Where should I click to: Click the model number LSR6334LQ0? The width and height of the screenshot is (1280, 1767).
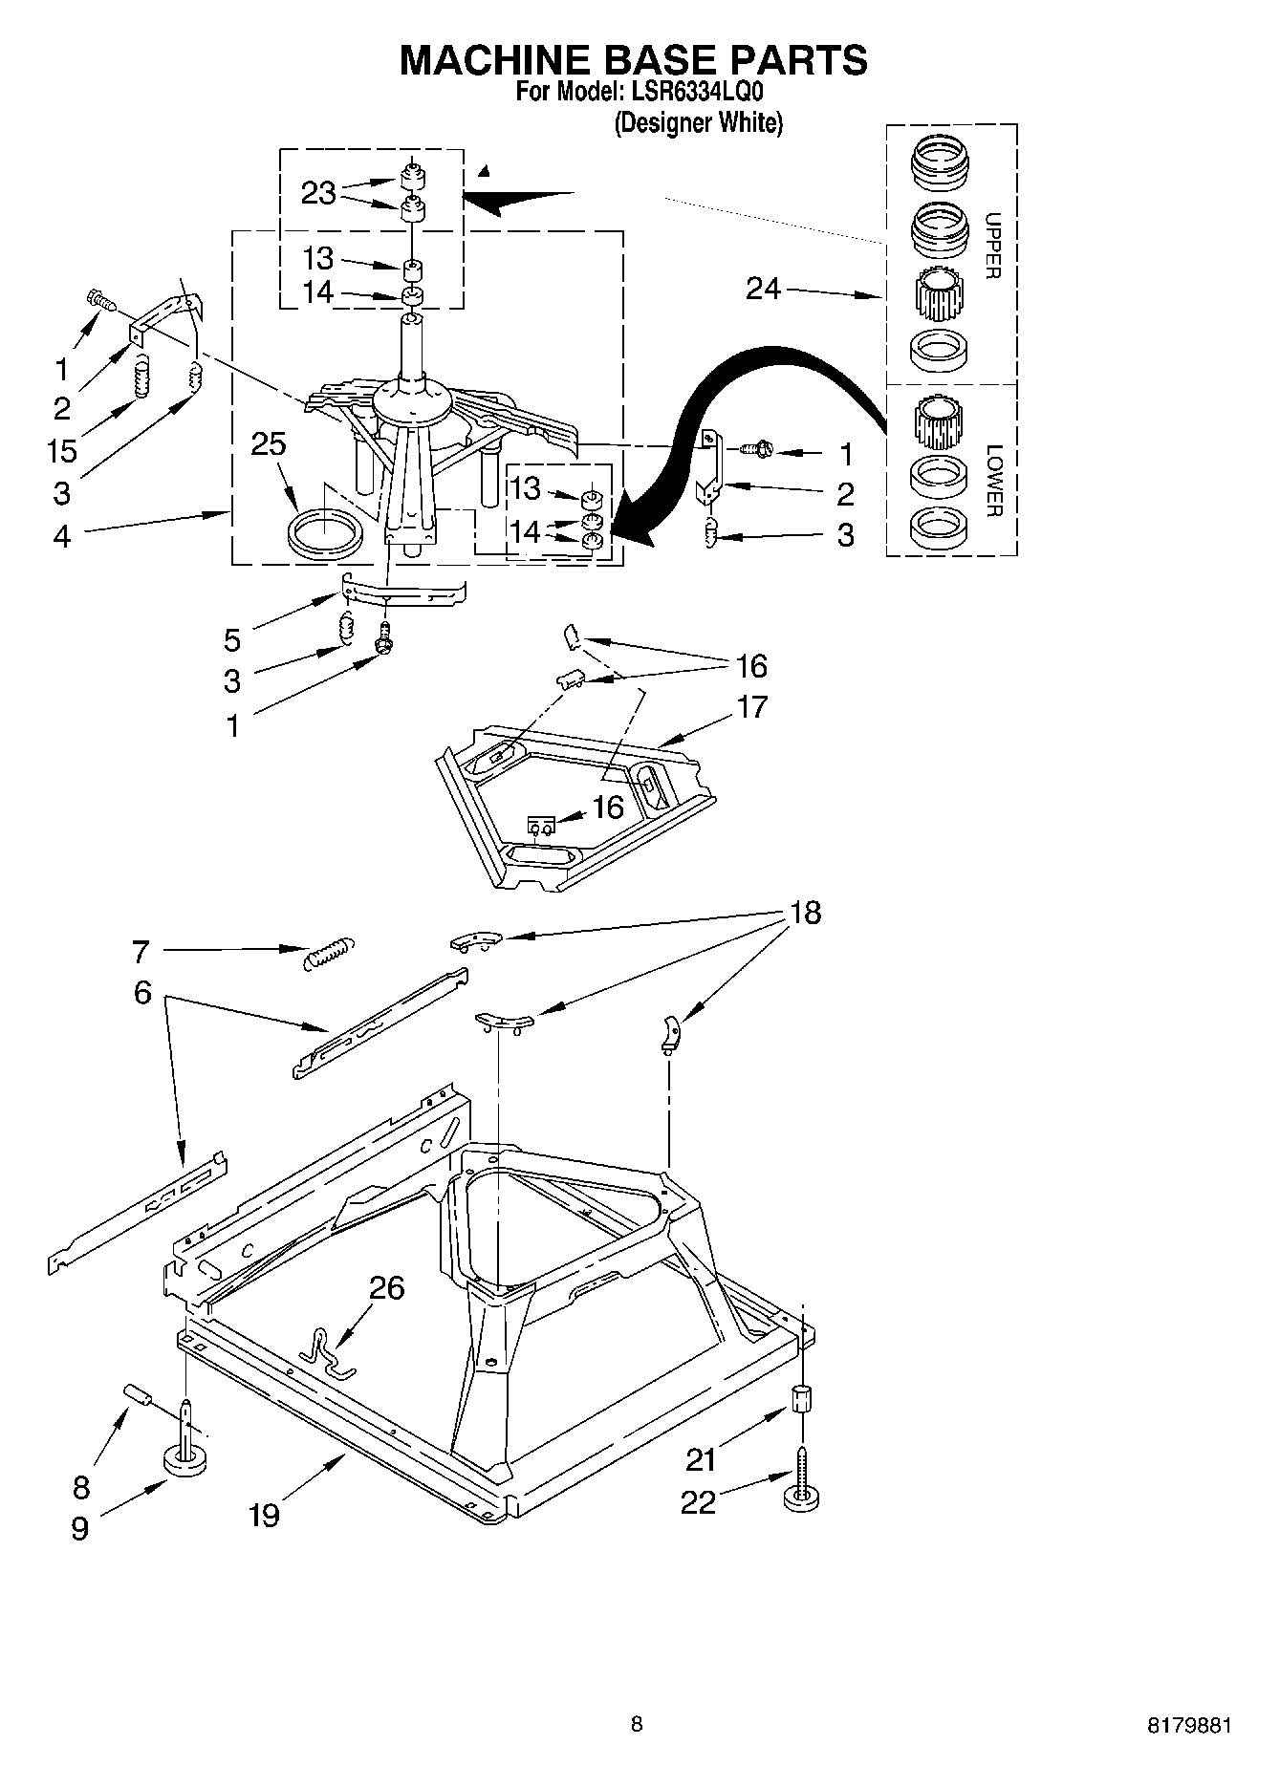click(695, 92)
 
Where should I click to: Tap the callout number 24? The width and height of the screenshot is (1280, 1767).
click(763, 288)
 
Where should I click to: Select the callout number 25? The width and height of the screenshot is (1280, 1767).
click(269, 444)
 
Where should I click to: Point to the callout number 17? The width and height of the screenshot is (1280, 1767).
click(751, 707)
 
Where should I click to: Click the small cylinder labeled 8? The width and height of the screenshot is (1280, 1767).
click(138, 1395)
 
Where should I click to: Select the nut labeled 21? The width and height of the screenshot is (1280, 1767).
click(802, 1399)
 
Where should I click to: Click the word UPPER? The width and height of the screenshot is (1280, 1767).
click(992, 246)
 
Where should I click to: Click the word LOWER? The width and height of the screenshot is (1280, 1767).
click(992, 481)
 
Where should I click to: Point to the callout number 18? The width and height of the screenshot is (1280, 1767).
click(805, 913)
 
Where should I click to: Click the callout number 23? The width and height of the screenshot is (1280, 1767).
click(318, 193)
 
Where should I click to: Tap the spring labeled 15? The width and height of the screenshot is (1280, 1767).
click(141, 377)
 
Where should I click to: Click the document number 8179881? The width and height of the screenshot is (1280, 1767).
click(1189, 1725)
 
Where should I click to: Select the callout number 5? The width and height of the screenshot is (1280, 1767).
click(232, 639)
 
